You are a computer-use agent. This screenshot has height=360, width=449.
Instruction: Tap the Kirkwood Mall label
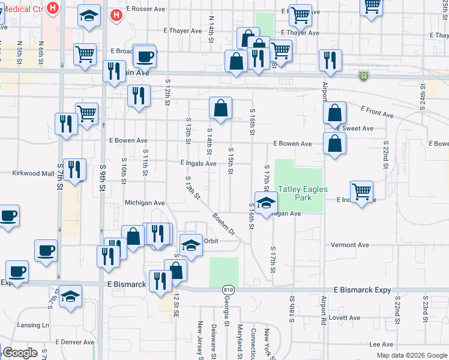click(x=34, y=173)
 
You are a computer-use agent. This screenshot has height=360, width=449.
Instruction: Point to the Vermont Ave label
click(x=351, y=245)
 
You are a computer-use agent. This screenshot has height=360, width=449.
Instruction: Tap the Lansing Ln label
click(x=33, y=325)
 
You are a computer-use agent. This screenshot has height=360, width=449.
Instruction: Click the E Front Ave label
click(x=377, y=111)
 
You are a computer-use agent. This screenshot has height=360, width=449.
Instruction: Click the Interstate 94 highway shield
click(x=364, y=76)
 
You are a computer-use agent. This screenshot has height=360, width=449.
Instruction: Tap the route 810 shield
click(x=227, y=289)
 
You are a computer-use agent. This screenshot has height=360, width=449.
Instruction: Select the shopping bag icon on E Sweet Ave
click(x=334, y=112)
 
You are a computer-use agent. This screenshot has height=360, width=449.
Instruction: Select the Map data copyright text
click(x=411, y=355)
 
